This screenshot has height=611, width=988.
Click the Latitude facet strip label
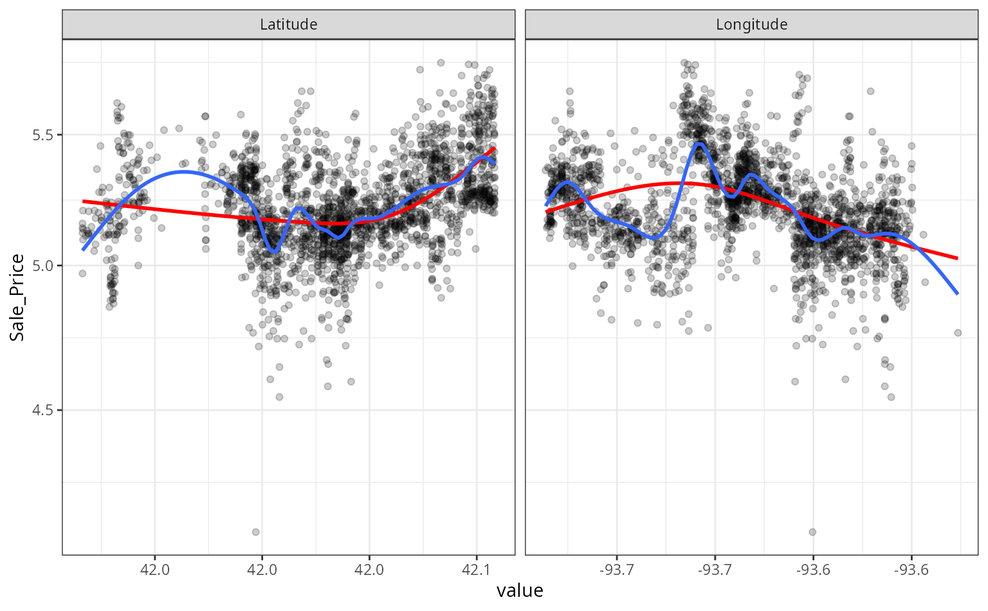(x=288, y=24)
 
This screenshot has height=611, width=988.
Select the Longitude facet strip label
(x=751, y=24)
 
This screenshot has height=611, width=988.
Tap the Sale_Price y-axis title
(x=17, y=297)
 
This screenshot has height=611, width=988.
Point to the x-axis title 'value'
(x=520, y=590)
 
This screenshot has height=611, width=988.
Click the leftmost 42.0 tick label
(x=155, y=570)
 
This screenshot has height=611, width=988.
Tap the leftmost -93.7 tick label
(x=616, y=570)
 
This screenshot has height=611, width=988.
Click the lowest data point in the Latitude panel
(x=255, y=532)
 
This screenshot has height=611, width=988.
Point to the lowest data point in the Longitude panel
(x=812, y=532)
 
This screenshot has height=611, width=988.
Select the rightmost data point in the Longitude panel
(x=958, y=333)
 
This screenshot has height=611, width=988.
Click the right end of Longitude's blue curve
(x=958, y=294)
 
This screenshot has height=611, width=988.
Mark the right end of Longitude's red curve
(x=958, y=258)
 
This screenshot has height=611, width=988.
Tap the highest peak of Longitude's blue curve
(x=699, y=144)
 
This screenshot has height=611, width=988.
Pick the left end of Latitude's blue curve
(x=83, y=249)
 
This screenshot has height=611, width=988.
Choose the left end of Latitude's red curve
(x=83, y=202)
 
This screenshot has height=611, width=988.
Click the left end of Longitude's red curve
(x=546, y=212)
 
